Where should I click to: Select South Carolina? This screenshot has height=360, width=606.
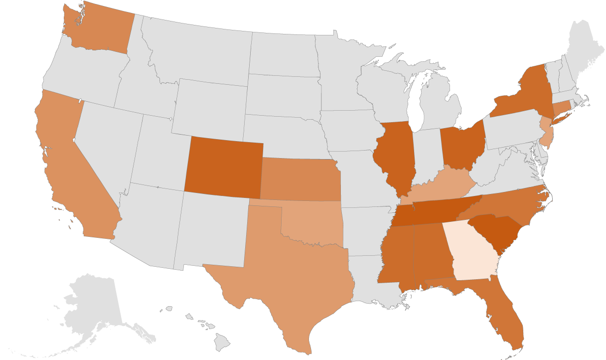[x=498, y=232]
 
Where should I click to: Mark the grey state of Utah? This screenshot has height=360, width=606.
[x=152, y=155]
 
